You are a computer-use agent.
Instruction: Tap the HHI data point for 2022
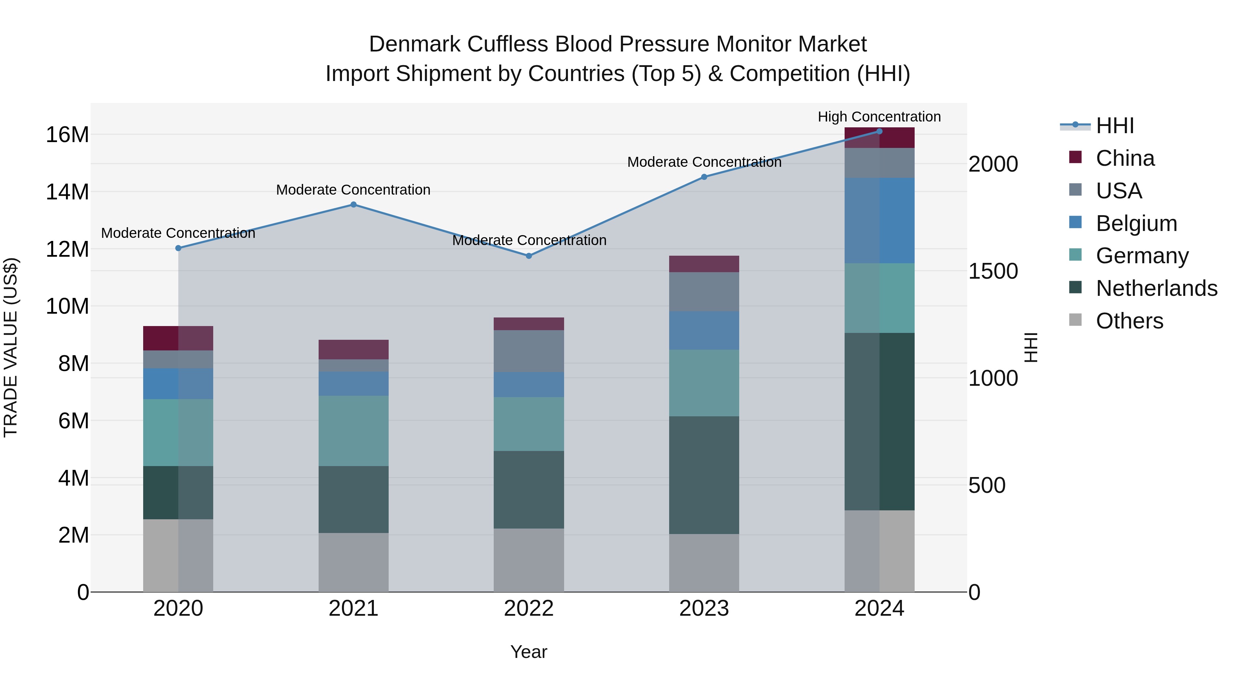529,256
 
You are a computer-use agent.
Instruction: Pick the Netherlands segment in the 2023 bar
704,475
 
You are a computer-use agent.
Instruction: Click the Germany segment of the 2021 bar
353,431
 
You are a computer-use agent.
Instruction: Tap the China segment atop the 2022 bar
529,324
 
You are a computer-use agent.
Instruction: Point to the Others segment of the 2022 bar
529,560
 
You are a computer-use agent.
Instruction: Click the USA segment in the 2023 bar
704,292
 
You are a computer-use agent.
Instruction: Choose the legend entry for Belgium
1136,223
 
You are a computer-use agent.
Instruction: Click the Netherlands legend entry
1156,289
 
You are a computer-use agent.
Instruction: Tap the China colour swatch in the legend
1075,157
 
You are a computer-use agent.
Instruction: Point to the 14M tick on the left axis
67,192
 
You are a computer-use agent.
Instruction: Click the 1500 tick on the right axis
993,271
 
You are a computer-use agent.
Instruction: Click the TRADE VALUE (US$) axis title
11,348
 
